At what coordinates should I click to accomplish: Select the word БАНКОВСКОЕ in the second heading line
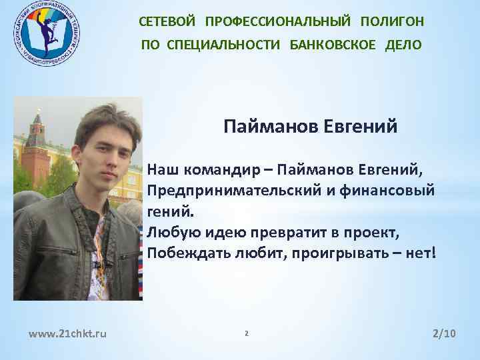click(x=333, y=45)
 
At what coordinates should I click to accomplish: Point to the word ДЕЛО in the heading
click(x=403, y=45)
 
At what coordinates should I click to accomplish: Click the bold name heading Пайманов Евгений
click(x=310, y=126)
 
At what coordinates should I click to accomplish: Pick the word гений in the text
click(x=171, y=212)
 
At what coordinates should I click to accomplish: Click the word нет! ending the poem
click(x=419, y=254)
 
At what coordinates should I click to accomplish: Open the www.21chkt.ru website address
click(x=64, y=333)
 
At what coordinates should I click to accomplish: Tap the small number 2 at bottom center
click(x=246, y=333)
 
